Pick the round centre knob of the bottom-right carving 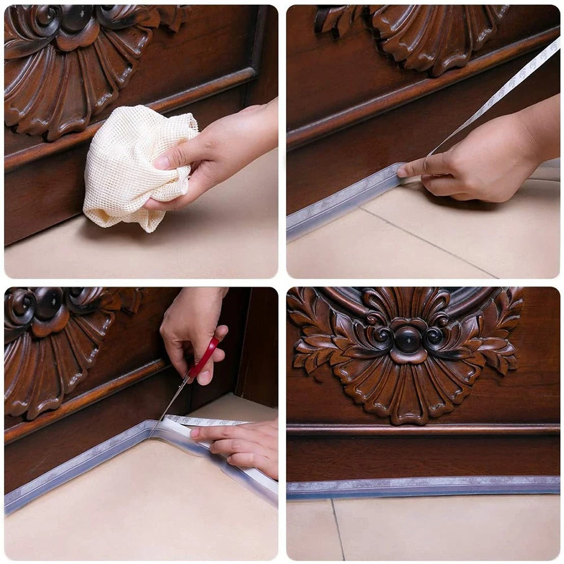(x=408, y=340)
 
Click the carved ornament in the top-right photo (x=417, y=34)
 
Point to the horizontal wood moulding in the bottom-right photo (x=423, y=429)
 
